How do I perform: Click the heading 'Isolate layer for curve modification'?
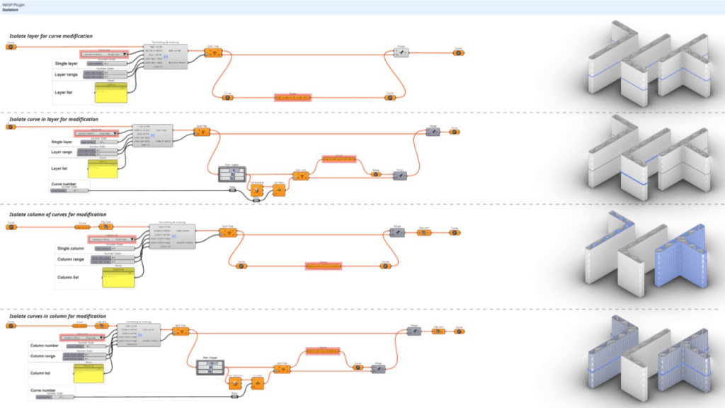point(50,36)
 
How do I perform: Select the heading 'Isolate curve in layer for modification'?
point(54,119)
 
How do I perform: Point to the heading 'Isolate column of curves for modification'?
point(57,214)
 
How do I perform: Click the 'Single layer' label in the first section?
point(66,64)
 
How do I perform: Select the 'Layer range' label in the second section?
point(62,152)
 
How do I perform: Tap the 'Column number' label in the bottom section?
point(44,346)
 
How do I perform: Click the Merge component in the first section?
point(402,52)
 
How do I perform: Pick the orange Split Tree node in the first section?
point(212,52)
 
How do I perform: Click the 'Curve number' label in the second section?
point(64,183)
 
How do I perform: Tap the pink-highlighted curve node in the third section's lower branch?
point(323,266)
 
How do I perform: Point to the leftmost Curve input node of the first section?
point(11,47)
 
